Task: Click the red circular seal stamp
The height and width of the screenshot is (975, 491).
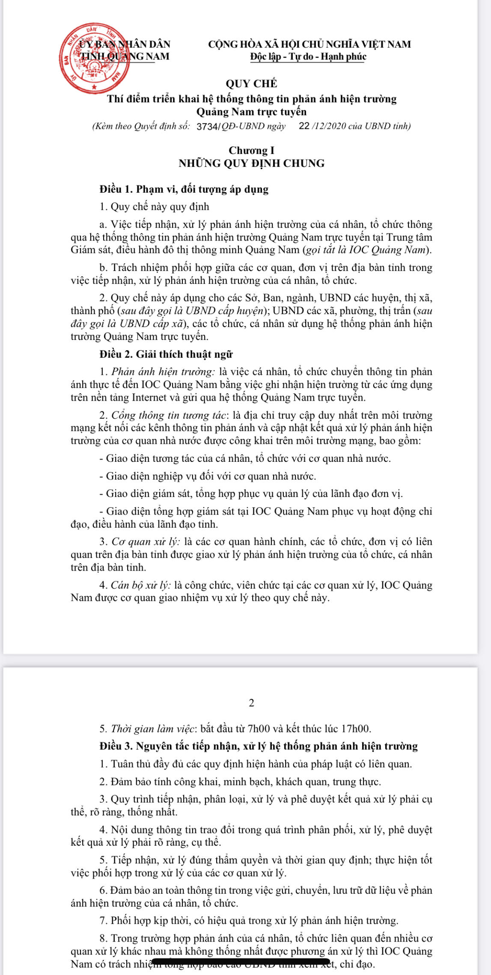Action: tap(95, 59)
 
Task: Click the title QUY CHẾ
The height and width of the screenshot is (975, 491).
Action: tap(251, 83)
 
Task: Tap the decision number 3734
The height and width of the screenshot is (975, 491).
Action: tap(207, 126)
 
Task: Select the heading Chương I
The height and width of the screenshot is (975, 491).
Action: tap(251, 150)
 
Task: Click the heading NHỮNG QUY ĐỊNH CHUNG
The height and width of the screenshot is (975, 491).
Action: tap(251, 163)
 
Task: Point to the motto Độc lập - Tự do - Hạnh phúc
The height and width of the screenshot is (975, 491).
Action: tap(308, 56)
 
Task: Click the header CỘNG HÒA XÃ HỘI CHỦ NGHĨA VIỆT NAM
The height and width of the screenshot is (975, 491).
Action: tap(309, 44)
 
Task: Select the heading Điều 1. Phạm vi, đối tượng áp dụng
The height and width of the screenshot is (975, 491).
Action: tap(184, 189)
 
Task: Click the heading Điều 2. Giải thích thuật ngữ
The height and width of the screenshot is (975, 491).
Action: tap(166, 354)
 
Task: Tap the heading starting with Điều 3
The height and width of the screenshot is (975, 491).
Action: tap(259, 746)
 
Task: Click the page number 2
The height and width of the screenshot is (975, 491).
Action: tap(251, 703)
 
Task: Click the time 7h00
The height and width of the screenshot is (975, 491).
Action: tap(259, 728)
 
